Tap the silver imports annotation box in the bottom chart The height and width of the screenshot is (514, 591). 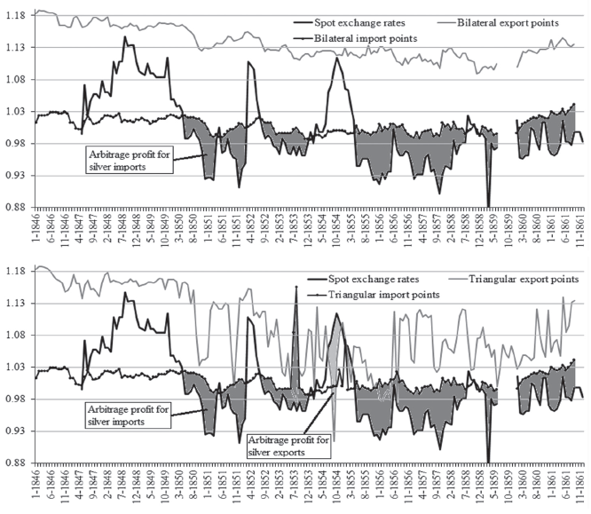[x=128, y=415]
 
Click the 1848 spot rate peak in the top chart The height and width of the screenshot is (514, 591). [x=125, y=37]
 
